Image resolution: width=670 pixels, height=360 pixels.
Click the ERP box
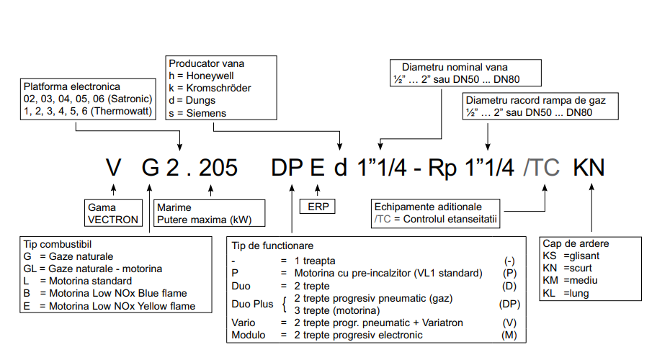tap(316, 207)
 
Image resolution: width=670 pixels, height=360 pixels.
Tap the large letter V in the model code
tap(113, 168)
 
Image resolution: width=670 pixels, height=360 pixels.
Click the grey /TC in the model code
tap(541, 168)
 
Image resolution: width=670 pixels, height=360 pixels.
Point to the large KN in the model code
tap(589, 168)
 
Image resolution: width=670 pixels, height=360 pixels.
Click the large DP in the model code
tap(287, 168)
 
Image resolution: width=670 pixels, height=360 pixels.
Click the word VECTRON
tap(107, 220)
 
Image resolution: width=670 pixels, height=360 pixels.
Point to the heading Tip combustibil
tap(58, 244)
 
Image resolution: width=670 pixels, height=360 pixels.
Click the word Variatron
tap(437, 323)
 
